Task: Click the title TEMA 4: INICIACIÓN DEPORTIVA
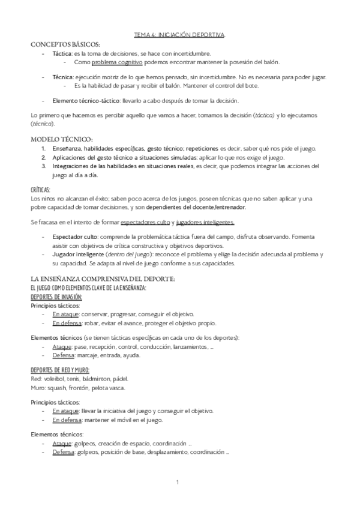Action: [x=179, y=36]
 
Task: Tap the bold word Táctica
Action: [x=63, y=53]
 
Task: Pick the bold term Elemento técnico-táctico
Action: [x=86, y=100]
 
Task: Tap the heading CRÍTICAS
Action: [x=40, y=190]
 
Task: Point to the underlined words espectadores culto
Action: [x=145, y=222]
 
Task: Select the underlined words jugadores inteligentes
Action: [x=205, y=222]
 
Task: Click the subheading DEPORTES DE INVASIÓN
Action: [x=56, y=297]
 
